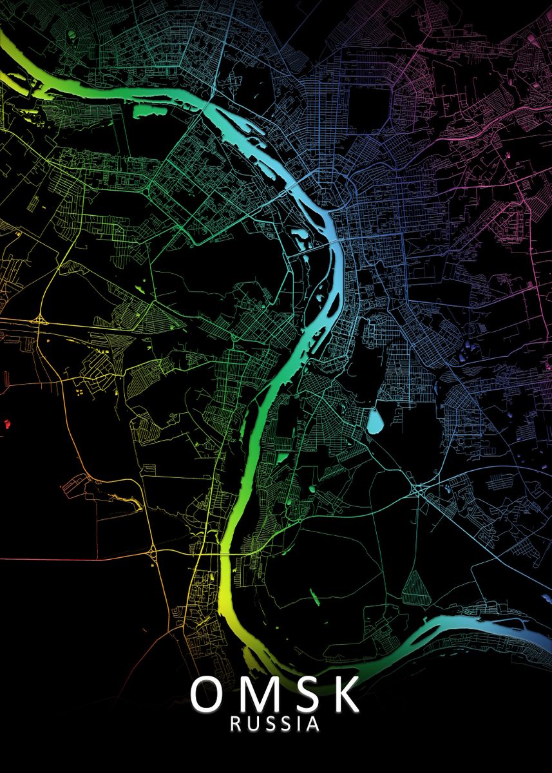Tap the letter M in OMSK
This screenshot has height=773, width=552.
click(258, 694)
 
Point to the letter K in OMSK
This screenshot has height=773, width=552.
click(344, 694)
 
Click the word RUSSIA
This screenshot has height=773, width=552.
click(275, 724)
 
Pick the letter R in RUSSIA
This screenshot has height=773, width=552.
click(236, 724)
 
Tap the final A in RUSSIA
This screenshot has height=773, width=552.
click(313, 724)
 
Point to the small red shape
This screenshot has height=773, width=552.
click(7, 424)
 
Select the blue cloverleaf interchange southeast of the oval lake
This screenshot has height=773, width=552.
click(420, 490)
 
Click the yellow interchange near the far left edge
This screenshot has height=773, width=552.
click(41, 320)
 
